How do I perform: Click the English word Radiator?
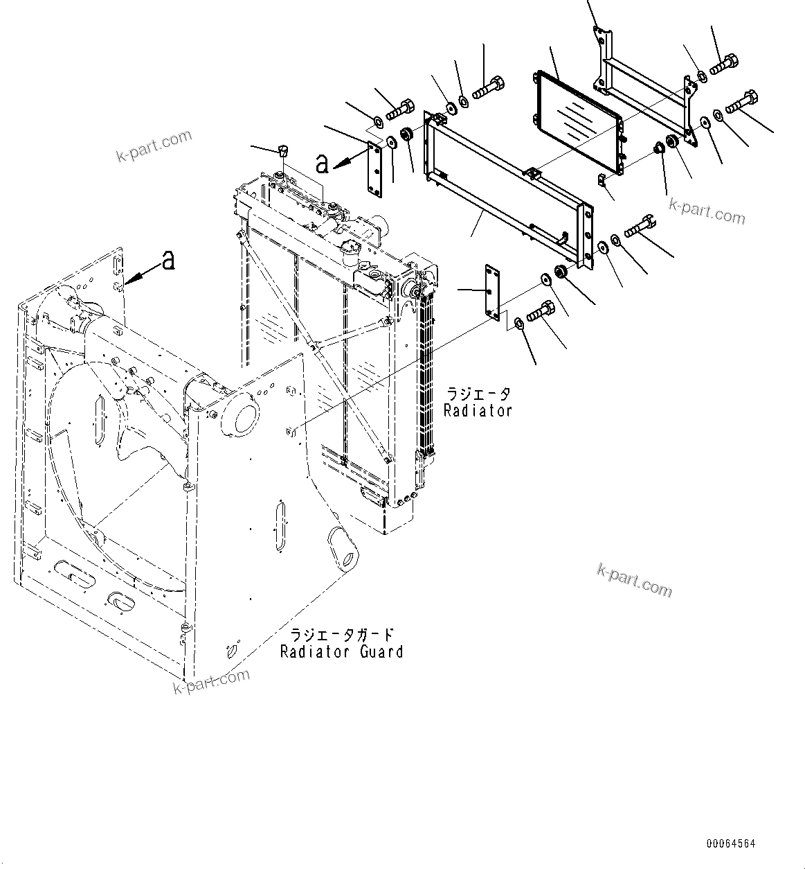(x=478, y=410)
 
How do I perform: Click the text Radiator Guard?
(x=341, y=651)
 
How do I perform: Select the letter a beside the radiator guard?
(x=168, y=261)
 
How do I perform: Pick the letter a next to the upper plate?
(x=322, y=164)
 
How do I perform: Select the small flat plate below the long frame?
(x=491, y=292)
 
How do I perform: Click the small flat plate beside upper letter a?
(x=374, y=170)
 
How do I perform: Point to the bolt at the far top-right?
(x=742, y=101)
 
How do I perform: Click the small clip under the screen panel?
(x=601, y=182)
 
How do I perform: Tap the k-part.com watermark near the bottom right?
(x=634, y=579)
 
